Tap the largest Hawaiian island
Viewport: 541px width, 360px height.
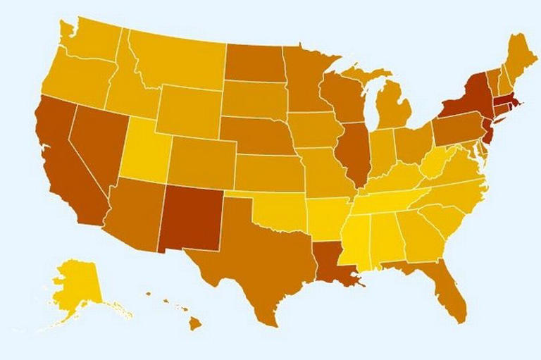pos(194,323)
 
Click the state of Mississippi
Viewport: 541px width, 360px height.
pos(355,243)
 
